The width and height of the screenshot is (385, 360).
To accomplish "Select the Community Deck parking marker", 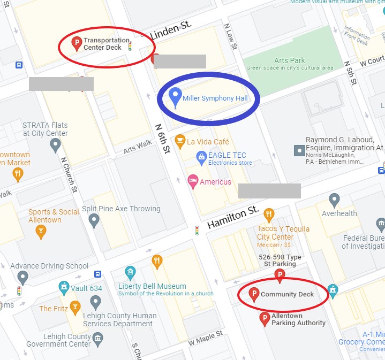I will pos(254,294).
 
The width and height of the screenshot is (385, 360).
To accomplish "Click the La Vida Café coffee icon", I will pos(180,141).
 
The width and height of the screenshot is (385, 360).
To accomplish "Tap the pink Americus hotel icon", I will pos(193,181).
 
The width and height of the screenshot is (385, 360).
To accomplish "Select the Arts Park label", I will pos(290,60).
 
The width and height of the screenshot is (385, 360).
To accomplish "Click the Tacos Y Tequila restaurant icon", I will pos(269,215).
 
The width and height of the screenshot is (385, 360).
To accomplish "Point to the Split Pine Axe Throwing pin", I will pos(94,220).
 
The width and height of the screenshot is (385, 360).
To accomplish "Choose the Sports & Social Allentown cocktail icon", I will pos(40,232).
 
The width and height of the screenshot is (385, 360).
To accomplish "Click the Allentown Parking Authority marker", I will pos(264,319).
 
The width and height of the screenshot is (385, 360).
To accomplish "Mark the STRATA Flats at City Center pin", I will pos(55,144).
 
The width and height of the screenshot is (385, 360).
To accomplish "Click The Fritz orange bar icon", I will pos(74,308).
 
